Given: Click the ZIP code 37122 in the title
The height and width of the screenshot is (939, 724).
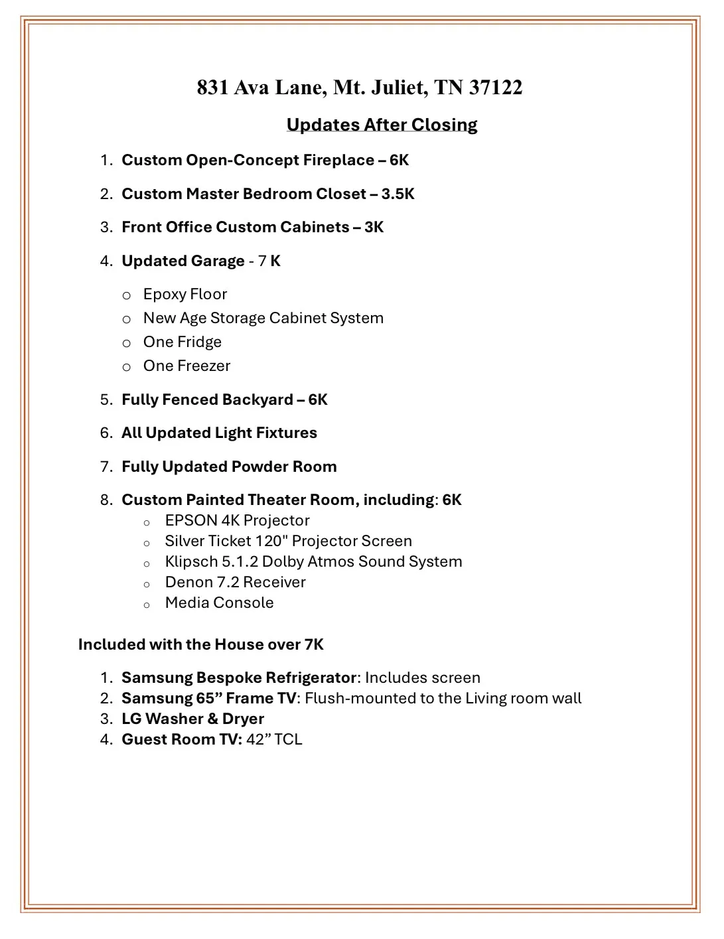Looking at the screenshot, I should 495,88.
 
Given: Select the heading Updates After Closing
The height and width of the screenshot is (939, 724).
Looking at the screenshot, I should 382,125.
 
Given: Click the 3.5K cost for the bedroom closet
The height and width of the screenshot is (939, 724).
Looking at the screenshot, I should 398,194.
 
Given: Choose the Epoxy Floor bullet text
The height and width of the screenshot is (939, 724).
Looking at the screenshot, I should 185,294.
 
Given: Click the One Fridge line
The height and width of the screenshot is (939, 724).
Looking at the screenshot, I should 182,342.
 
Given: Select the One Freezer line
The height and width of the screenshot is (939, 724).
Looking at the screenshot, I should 186,366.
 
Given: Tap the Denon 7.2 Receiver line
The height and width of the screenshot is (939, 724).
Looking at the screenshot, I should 235,582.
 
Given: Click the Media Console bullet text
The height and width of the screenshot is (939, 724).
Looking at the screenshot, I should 219,603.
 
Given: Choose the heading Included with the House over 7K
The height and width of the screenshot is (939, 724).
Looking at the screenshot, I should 200,644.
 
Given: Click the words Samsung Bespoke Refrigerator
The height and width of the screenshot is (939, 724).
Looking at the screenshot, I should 239,678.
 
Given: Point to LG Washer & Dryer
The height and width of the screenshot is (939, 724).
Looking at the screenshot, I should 192,719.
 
